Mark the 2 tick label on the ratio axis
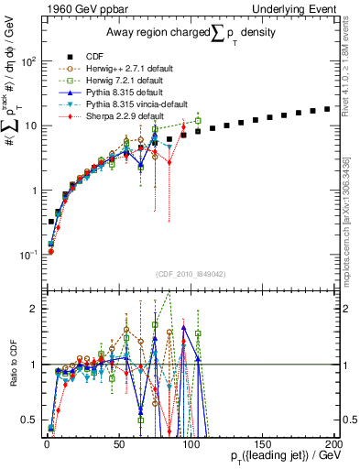(x=33, y=309)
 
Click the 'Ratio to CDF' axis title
(x=12, y=365)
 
